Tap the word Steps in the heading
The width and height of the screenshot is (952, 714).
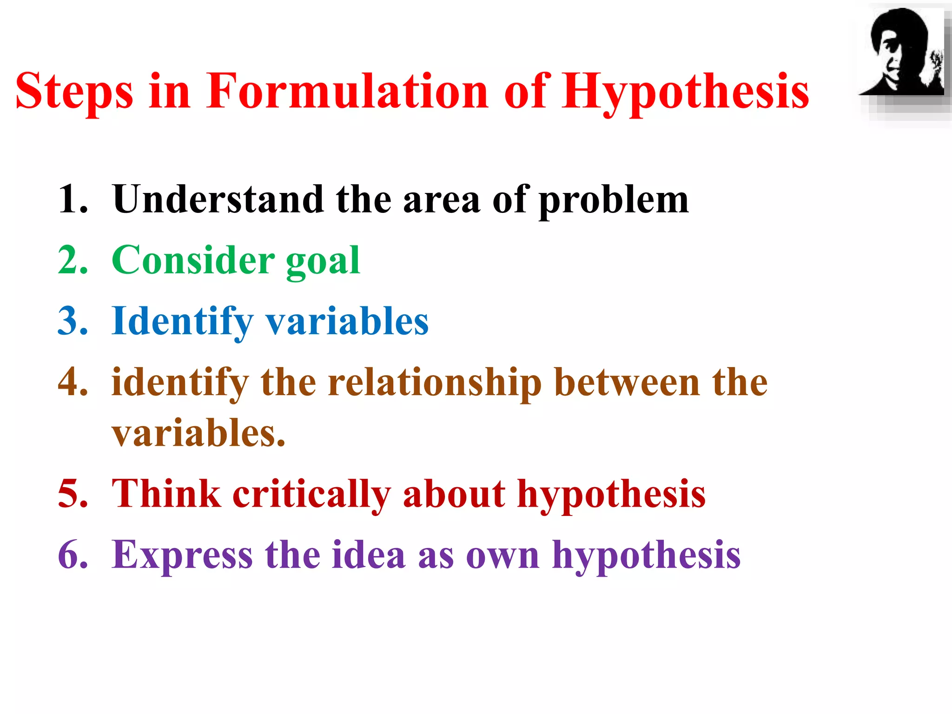point(74,92)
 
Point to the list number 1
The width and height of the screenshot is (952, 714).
point(73,199)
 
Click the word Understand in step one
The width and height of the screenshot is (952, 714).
point(218,199)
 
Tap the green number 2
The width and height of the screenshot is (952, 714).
point(73,260)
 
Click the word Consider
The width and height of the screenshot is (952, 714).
point(193,260)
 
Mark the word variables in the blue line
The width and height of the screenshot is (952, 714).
point(347,322)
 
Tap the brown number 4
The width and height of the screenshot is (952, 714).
point(73,382)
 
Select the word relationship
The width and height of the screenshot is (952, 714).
point(435,383)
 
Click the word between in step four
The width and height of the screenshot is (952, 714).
point(627,383)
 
